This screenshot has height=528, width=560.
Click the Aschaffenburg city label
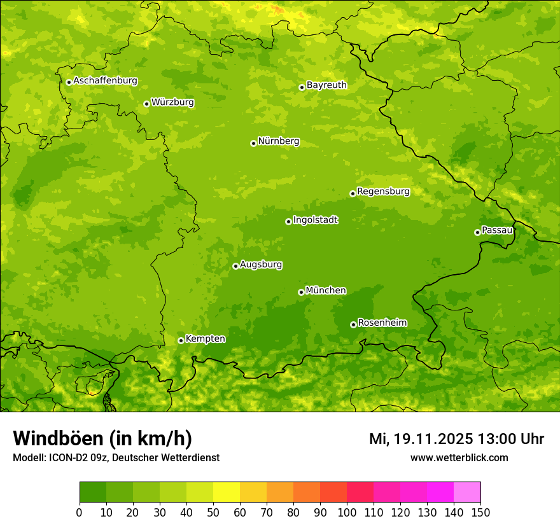click(x=105, y=81)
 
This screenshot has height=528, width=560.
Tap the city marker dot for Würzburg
click(x=146, y=104)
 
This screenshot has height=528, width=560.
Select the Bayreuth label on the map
click(x=326, y=85)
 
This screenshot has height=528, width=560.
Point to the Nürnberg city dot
click(x=253, y=143)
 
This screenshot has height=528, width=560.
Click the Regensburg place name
click(x=383, y=191)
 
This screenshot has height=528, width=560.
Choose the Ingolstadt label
click(x=315, y=220)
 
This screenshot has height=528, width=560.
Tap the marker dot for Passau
click(x=477, y=232)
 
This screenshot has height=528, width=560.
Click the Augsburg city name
click(x=261, y=265)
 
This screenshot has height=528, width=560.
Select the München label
click(x=326, y=291)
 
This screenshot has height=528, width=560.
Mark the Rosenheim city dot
click(x=353, y=324)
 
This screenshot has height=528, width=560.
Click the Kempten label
click(x=205, y=339)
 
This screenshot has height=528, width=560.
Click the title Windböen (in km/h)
click(x=102, y=438)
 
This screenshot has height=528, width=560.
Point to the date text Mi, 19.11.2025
click(x=420, y=439)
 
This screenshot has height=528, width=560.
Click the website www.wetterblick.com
click(x=459, y=457)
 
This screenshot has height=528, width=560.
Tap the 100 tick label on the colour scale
click(x=347, y=512)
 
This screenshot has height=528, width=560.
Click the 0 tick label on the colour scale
click(x=80, y=512)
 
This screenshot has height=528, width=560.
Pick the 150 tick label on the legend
click(x=480, y=512)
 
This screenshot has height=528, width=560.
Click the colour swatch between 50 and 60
click(x=227, y=492)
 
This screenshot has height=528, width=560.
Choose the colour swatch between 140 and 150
click(x=467, y=492)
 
